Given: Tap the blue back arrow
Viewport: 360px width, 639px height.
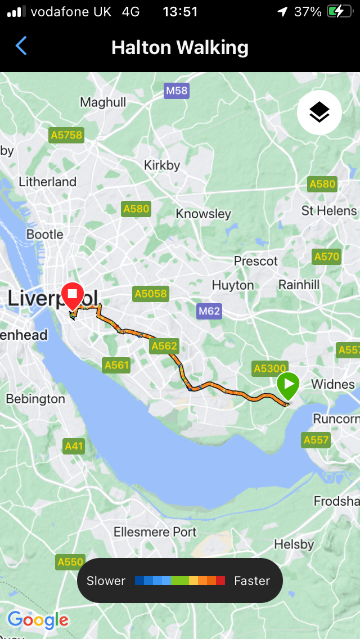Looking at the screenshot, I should [21, 46].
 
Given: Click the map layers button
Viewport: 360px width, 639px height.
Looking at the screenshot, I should [319, 112].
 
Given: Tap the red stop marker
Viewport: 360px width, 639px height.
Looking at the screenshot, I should [73, 296].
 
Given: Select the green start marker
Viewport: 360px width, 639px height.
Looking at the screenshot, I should [288, 386].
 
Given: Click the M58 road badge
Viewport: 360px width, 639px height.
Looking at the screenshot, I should [176, 91].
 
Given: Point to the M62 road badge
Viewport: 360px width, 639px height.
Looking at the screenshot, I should [209, 311].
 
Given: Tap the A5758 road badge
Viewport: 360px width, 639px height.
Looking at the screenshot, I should [66, 135].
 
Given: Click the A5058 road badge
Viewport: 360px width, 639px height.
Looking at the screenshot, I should [150, 293].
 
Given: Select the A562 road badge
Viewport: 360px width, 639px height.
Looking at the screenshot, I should [164, 346].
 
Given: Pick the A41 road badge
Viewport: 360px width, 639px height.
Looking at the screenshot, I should [74, 447].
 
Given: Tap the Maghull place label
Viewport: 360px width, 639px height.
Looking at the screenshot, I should [103, 102].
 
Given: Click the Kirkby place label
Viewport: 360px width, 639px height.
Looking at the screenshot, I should [162, 165].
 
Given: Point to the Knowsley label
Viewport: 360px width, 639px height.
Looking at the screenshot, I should [203, 214].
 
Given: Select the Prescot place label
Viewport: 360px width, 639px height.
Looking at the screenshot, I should [256, 261].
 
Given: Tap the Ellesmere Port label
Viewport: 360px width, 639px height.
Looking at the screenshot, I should [155, 532].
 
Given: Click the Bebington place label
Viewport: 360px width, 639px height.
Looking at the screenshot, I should [35, 399].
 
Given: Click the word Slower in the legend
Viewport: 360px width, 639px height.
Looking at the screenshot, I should [106, 580].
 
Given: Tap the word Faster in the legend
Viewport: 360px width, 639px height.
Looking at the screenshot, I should [252, 580].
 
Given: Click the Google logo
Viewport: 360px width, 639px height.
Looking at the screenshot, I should [38, 620].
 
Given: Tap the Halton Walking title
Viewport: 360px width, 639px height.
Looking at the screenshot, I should [180, 47].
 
